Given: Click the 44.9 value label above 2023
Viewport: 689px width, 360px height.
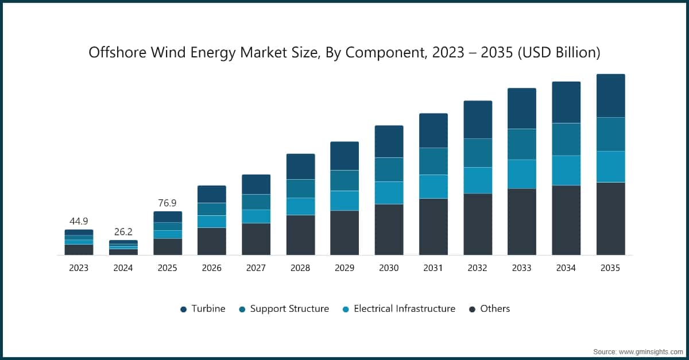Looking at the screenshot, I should coord(79,221).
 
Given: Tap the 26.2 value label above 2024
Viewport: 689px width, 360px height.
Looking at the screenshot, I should coord(123,232).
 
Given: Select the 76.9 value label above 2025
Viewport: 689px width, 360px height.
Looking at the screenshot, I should coord(167,203).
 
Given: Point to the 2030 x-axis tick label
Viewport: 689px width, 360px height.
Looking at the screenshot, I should coord(389,268).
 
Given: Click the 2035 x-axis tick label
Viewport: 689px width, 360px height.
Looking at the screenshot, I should coord(610,268).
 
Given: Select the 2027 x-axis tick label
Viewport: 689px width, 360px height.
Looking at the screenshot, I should coord(256,268).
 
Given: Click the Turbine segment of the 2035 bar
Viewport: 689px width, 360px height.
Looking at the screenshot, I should coord(610,96).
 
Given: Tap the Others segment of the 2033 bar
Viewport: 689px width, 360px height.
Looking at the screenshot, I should coord(521,222).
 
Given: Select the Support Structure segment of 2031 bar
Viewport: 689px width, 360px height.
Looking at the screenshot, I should coord(433,161).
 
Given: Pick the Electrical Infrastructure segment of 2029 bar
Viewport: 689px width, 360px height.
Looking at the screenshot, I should coord(344,201).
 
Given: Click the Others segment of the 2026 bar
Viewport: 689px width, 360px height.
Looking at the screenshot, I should coord(211,241).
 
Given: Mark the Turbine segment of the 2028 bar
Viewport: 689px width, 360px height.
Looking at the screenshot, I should coord(300,167).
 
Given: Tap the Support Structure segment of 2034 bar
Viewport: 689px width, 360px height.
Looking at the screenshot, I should coord(566,140).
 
